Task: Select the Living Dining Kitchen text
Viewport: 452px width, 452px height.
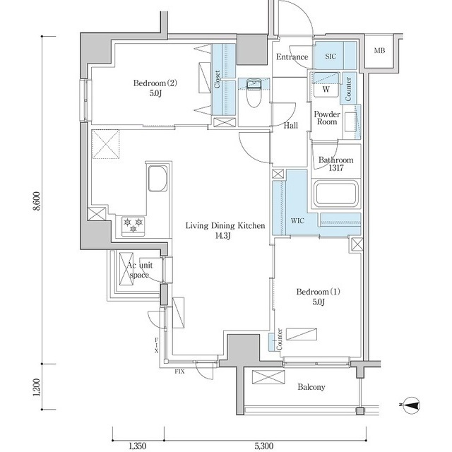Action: pyautogui.click(x=225, y=230)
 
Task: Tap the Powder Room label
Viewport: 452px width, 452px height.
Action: pyautogui.click(x=327, y=118)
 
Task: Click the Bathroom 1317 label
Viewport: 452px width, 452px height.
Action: pyautogui.click(x=335, y=164)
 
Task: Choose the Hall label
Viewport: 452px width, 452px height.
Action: pyautogui.click(x=290, y=126)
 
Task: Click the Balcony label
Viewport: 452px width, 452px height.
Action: pyautogui.click(x=311, y=387)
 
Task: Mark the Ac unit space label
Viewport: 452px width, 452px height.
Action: pyautogui.click(x=138, y=270)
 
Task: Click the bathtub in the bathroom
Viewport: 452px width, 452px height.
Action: pyautogui.click(x=336, y=195)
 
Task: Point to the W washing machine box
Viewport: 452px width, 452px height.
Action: pyautogui.click(x=326, y=90)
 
